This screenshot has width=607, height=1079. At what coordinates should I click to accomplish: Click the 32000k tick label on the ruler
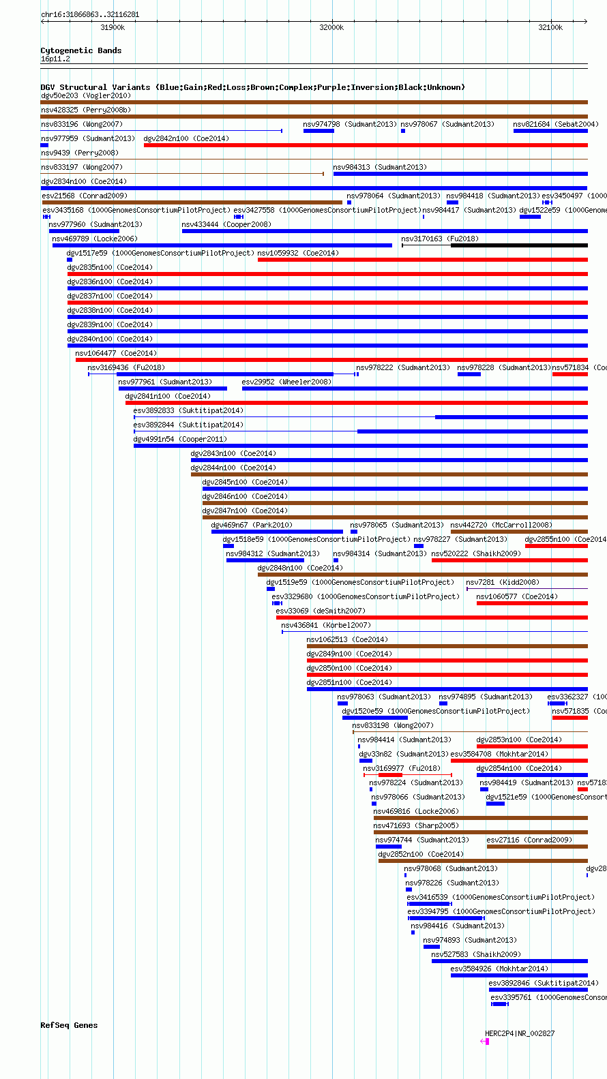tap(331, 28)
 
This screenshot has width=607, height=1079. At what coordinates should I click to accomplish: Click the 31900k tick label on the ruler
tap(113, 28)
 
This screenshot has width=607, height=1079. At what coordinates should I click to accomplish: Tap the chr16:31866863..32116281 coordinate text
tap(90, 14)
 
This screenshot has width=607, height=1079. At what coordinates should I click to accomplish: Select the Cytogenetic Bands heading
tap(80, 50)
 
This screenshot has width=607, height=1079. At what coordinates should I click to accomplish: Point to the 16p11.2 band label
tap(55, 59)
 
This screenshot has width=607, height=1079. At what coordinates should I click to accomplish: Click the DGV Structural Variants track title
tap(252, 87)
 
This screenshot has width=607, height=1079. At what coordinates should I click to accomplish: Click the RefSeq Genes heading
tap(69, 1025)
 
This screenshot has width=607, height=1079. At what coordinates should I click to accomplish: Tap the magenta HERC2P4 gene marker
tap(487, 1042)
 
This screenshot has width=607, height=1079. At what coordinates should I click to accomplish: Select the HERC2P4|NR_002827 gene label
tap(520, 1033)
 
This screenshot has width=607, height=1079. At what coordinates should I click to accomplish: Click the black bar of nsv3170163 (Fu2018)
tap(518, 245)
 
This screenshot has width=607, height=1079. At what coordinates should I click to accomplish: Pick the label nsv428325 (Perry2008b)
tap(85, 110)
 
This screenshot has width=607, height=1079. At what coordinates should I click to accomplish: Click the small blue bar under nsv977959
tap(44, 145)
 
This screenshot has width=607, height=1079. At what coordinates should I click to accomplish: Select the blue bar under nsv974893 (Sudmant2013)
tap(432, 947)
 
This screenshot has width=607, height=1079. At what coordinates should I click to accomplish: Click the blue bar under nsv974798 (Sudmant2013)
tap(319, 131)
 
